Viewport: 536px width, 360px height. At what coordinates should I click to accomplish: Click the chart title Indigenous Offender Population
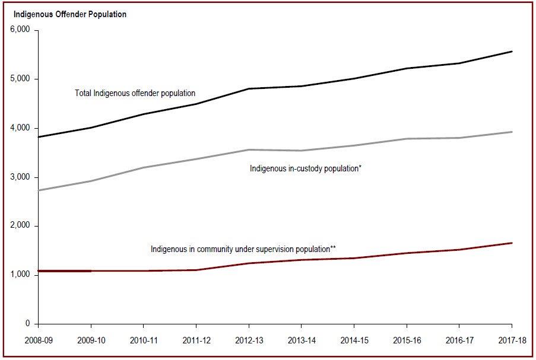(69, 14)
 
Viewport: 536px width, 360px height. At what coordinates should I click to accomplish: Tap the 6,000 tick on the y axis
(21, 30)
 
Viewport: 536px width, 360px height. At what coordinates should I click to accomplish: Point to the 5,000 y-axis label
(21, 79)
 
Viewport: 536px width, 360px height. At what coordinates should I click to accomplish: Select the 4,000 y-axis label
(21, 128)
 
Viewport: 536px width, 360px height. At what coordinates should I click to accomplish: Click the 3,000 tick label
(21, 177)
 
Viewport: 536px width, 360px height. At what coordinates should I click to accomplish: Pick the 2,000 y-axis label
(21, 226)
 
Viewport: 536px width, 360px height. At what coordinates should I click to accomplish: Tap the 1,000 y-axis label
(21, 275)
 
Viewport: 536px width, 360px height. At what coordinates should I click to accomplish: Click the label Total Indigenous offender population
(135, 93)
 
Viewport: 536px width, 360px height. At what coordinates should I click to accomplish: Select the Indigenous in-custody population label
(306, 168)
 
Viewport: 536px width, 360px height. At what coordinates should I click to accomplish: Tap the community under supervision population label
(243, 249)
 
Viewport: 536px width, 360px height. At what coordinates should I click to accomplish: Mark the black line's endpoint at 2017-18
(512, 52)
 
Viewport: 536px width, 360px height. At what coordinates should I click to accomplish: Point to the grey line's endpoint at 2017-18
(512, 132)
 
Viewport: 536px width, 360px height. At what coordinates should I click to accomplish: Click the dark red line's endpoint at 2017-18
(512, 243)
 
